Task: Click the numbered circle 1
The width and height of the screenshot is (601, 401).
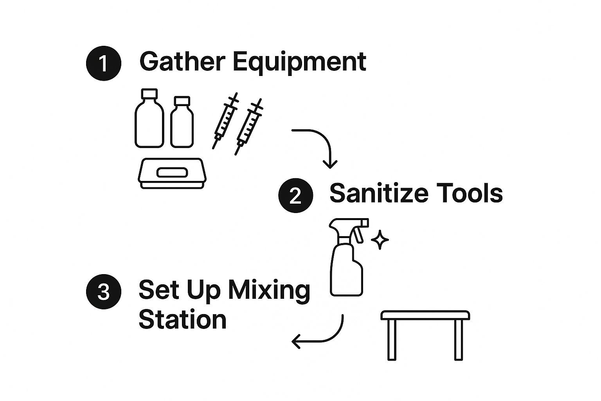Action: click(x=104, y=63)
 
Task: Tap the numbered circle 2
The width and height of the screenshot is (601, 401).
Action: click(x=296, y=195)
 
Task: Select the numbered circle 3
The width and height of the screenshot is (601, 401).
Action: click(x=104, y=292)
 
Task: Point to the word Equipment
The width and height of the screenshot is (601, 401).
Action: click(x=299, y=63)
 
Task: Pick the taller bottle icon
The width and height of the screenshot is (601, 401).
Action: click(x=149, y=118)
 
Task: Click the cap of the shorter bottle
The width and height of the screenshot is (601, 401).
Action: click(x=182, y=101)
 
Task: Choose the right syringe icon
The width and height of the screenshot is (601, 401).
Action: click(x=249, y=127)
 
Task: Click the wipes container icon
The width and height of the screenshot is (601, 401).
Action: click(x=172, y=173)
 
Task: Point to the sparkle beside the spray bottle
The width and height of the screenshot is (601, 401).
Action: click(x=380, y=240)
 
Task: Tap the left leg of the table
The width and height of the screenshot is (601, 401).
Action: click(x=392, y=340)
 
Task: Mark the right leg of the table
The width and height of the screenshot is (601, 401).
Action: click(x=459, y=340)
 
